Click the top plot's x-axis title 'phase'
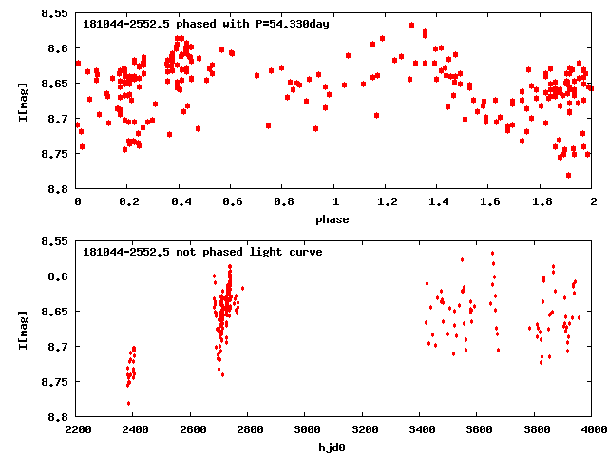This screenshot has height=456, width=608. pyautogui.click(x=334, y=220)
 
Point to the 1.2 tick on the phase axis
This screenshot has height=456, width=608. pyautogui.click(x=387, y=202)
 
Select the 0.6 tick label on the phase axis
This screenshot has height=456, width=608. pyautogui.click(x=232, y=202)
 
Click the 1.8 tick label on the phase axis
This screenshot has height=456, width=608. pyautogui.click(x=541, y=202)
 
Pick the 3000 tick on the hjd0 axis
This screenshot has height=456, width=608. pyautogui.click(x=305, y=429)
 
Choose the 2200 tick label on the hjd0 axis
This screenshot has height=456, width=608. pyautogui.click(x=77, y=429)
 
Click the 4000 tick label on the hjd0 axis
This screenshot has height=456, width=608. pyautogui.click(x=592, y=429)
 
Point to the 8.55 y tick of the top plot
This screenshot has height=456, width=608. pyautogui.click(x=54, y=14)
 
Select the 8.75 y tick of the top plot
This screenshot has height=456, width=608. pyautogui.click(x=54, y=154)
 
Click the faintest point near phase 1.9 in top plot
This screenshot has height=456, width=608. pyautogui.click(x=568, y=175)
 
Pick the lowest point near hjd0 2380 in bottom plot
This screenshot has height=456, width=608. pyautogui.click(x=128, y=403)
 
